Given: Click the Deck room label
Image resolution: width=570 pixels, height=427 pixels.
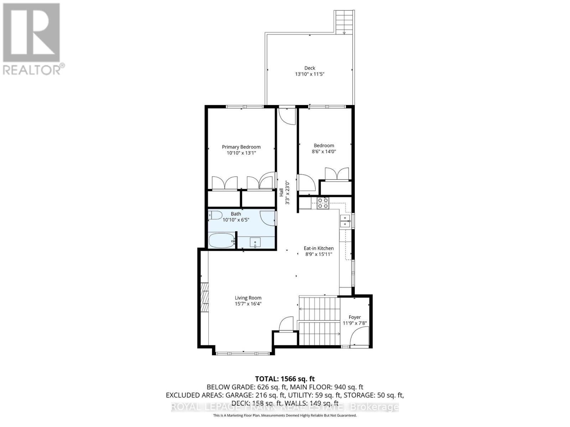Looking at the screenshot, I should click(x=310, y=68).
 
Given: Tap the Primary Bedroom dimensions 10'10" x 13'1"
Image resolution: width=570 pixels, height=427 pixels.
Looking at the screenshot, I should click(x=241, y=153).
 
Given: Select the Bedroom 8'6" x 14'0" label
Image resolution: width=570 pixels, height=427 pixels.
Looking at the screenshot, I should click(x=324, y=148).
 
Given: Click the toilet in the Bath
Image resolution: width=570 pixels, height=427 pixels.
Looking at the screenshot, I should click(x=216, y=215).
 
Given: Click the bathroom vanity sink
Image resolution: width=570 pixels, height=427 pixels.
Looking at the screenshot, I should click(x=255, y=243).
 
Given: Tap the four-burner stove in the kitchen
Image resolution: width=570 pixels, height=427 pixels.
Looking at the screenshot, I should click(x=323, y=203).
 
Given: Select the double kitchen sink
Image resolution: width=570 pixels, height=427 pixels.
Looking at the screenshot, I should click(x=345, y=221).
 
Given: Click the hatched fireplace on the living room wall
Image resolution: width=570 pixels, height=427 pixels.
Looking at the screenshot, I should click(x=204, y=297).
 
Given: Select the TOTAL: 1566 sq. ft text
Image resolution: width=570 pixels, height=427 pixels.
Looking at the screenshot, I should click(x=285, y=379).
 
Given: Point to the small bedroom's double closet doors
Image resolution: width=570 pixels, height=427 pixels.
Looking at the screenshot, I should click(x=337, y=174).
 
